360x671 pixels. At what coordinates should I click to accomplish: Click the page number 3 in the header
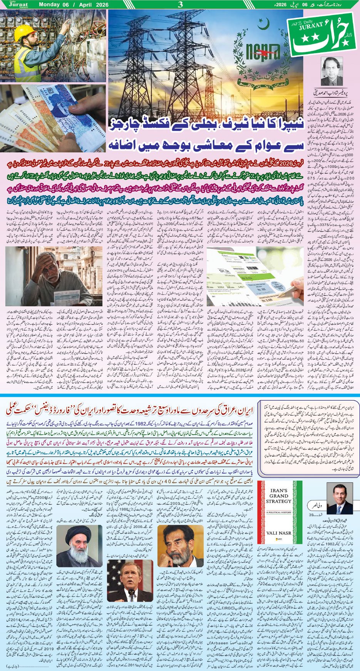pos(180,5)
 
